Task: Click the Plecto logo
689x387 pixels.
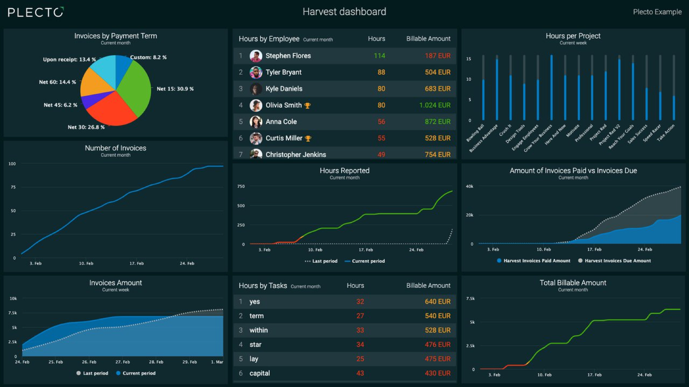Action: (x=36, y=12)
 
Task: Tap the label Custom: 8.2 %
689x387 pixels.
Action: (x=148, y=58)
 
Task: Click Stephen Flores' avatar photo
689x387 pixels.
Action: (x=256, y=56)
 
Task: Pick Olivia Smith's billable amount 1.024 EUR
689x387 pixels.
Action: (x=434, y=105)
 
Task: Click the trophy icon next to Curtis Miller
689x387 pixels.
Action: (x=308, y=139)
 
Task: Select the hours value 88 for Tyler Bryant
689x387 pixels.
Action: (x=381, y=72)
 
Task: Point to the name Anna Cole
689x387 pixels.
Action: (x=281, y=122)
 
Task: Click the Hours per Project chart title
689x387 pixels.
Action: (x=573, y=36)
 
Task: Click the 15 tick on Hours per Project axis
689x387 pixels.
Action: (x=468, y=59)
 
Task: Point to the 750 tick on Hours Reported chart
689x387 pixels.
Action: (x=241, y=186)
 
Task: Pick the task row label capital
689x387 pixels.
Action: (x=260, y=373)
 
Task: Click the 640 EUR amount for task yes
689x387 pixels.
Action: (x=437, y=301)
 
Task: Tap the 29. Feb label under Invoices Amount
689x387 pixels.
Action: (x=189, y=362)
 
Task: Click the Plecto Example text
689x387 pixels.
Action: (x=657, y=12)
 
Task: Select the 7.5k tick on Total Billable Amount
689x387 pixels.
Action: (x=470, y=298)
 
